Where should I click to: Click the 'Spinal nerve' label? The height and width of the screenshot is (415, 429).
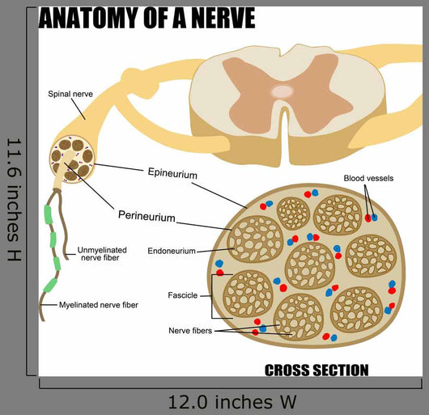point(70,94)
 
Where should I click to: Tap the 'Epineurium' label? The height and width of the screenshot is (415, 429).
point(172,173)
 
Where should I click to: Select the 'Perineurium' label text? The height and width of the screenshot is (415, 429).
point(147,216)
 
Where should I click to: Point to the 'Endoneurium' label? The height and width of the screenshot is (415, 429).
point(172,251)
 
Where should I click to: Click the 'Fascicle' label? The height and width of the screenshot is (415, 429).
point(182,295)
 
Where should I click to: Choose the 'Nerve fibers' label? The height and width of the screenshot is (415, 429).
point(190,331)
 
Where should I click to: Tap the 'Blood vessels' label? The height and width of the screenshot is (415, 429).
point(368,178)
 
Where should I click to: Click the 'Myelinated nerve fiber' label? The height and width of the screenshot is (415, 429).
point(99,305)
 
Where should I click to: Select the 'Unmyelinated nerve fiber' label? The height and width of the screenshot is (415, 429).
point(102,254)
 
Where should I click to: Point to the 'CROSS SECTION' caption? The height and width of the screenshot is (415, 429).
point(316,371)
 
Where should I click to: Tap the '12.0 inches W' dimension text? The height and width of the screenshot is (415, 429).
point(232,402)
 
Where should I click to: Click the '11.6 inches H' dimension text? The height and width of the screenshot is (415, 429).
point(14,200)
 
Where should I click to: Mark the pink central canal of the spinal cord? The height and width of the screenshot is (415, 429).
point(282,91)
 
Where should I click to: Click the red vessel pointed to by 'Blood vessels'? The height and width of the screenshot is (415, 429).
point(368,218)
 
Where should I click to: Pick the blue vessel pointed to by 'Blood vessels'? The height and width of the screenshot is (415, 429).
point(374,218)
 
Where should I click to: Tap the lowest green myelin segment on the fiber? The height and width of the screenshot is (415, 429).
point(50,285)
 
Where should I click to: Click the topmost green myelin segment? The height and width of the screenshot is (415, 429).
point(48,214)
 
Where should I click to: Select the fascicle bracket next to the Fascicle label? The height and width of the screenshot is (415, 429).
point(212,296)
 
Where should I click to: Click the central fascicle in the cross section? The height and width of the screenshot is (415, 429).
point(310,265)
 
